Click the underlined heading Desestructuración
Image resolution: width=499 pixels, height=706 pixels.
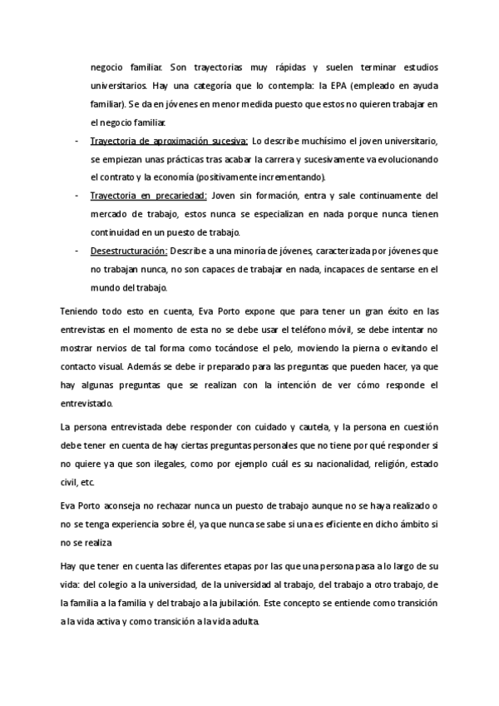[x=128, y=251]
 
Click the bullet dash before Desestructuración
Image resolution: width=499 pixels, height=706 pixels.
[x=77, y=251]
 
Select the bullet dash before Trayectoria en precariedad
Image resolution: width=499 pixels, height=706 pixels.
[x=77, y=196]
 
